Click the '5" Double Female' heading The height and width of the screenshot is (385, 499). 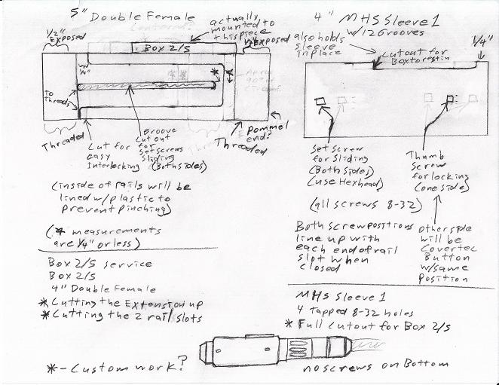(131, 17)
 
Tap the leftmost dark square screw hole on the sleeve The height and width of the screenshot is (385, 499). (320, 101)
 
